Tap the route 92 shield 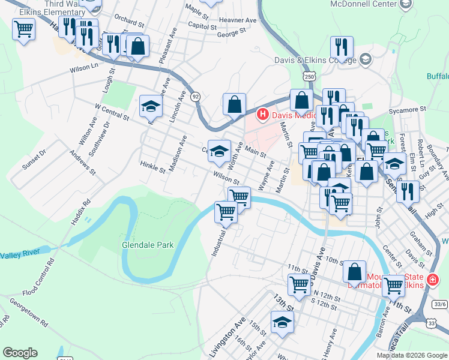tap(195, 97)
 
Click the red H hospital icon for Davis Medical tap(262, 114)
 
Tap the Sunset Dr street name tap(34, 161)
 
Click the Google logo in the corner tap(20, 353)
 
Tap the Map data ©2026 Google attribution tap(412, 355)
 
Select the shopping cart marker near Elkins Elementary tap(23, 29)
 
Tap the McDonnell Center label tap(361, 4)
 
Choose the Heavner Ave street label tap(239, 20)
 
